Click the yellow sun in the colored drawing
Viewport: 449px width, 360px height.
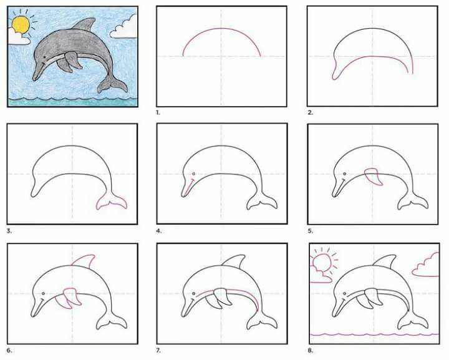click(21, 24)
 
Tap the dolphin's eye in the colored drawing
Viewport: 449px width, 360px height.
click(44, 57)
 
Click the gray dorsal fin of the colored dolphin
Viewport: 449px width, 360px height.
click(84, 24)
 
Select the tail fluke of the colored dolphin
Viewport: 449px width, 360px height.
click(112, 84)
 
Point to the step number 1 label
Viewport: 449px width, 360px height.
click(158, 112)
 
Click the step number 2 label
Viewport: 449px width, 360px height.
click(311, 112)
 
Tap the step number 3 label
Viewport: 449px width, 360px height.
click(9, 231)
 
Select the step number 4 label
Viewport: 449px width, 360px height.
click(159, 231)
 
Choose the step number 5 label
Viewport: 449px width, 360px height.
click(311, 231)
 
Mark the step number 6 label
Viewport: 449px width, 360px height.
click(9, 350)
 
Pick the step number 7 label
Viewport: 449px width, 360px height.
click(158, 350)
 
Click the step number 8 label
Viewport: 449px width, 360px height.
click(311, 350)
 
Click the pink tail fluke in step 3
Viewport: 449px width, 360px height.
click(112, 203)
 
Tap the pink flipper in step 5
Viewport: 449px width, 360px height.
click(374, 177)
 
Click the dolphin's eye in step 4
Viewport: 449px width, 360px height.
click(194, 174)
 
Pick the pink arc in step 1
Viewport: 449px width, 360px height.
click(221, 28)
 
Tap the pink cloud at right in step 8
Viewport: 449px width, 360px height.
click(427, 265)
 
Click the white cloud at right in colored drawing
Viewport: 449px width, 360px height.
click(124, 27)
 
